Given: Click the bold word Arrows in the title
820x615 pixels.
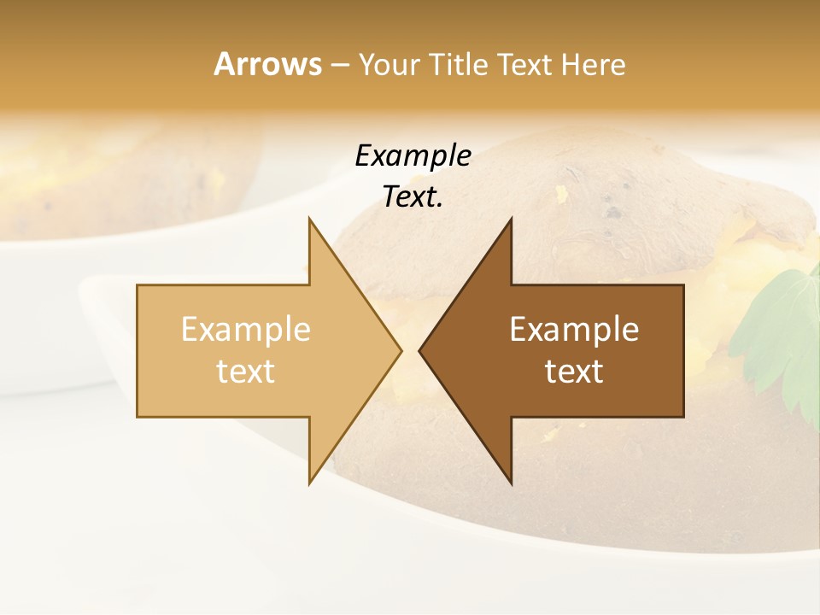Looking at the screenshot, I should click(268, 64).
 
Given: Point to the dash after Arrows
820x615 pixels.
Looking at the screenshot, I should click(340, 65).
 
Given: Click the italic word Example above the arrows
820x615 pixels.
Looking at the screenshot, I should click(413, 155).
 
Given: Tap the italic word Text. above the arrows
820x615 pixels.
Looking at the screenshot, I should click(413, 196).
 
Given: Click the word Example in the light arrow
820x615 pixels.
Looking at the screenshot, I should click(246, 329).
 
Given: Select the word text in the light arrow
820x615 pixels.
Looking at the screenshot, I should click(246, 372).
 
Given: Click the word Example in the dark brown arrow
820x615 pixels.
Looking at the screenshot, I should click(574, 329).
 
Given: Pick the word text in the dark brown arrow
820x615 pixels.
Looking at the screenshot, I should click(574, 372).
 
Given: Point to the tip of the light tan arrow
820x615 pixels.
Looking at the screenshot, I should click(401, 350).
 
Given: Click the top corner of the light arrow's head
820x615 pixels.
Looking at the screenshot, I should click(309, 220).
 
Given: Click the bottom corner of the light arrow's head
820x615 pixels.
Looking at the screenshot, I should click(309, 483).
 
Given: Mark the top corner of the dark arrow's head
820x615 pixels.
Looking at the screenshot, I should click(512, 220).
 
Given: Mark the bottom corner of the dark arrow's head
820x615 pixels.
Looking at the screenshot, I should click(512, 483).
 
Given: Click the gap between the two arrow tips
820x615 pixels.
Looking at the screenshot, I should click(410, 350).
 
